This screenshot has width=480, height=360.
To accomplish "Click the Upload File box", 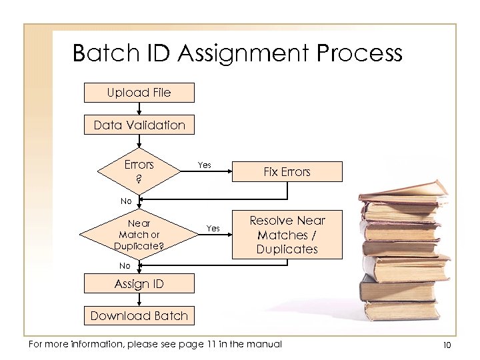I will tap(139, 93).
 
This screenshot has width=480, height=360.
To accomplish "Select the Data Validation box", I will tap(139, 125).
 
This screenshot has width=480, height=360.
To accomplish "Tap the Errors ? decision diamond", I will tap(139, 171).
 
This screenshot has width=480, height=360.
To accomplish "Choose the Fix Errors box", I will tap(287, 171).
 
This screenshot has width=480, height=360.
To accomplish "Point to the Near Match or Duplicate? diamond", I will tap(139, 234).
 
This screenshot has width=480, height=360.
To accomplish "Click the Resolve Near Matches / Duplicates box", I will tap(287, 235).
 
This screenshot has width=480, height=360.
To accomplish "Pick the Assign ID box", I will tap(139, 283).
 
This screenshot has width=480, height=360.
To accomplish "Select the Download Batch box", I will tap(139, 315).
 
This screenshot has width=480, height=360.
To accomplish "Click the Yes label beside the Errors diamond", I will tap(204, 165).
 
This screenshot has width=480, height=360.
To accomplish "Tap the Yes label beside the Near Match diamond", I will tap(213, 228).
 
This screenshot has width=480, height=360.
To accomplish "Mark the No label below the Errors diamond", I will tap(126, 201).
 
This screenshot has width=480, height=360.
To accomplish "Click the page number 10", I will tap(446, 345).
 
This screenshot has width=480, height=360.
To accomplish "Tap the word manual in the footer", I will tap(264, 344).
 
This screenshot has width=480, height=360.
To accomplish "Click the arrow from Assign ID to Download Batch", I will tap(139, 299).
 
